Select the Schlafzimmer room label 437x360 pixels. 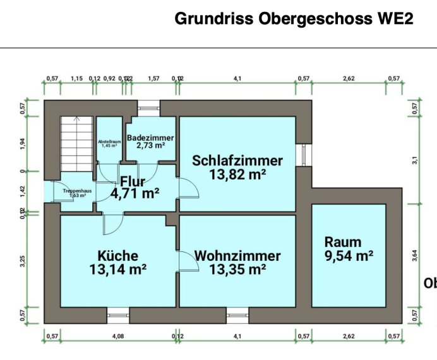(238, 160)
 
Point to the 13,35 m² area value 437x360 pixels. (238, 270)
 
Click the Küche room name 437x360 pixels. (117, 256)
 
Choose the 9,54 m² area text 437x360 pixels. (349, 256)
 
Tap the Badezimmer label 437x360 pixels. (150, 138)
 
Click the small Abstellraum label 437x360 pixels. (109, 141)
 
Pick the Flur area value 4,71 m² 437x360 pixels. (135, 194)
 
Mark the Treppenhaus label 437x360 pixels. (75, 190)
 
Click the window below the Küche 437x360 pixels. (117, 312)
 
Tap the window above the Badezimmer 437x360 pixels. (150, 108)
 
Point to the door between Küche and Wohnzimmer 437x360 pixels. (185, 260)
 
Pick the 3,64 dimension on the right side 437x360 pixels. (414, 255)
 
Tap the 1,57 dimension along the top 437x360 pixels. (153, 78)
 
